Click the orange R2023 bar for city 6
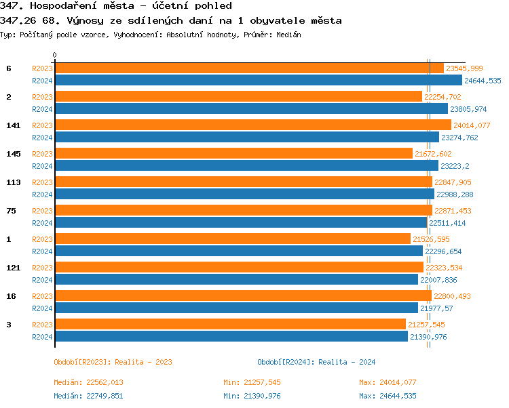(249, 68)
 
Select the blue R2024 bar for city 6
(258, 81)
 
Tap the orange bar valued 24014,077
(252, 125)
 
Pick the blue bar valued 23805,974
(251, 109)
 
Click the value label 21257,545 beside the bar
(426, 325)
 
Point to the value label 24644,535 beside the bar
(483, 81)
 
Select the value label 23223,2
(455, 166)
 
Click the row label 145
(14, 154)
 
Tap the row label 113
(14, 182)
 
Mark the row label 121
(14, 268)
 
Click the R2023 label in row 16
(42, 296)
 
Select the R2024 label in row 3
(42, 337)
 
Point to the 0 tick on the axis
(55, 56)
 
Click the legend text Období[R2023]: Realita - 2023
(113, 362)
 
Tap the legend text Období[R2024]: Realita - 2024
(316, 362)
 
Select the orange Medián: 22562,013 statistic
(88, 383)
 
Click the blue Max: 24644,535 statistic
(388, 396)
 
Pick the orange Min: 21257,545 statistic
(252, 383)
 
